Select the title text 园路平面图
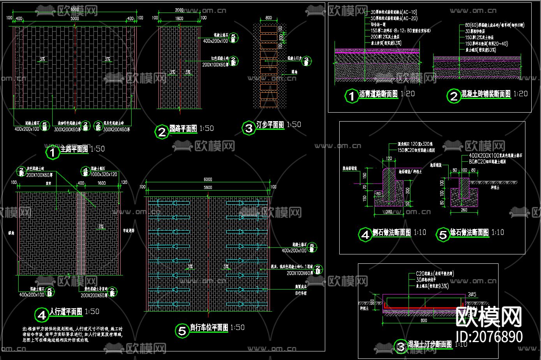click(183, 129)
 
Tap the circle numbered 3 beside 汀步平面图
click(248, 128)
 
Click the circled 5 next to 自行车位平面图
click(182, 331)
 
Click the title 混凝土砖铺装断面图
click(486, 94)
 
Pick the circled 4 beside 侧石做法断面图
click(365, 235)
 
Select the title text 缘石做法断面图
click(469, 233)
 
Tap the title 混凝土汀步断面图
click(430, 344)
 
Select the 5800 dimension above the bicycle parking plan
click(208, 187)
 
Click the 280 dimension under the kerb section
click(389, 212)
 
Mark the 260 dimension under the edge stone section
click(463, 210)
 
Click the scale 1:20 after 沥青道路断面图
click(407, 94)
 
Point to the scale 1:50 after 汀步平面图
click(294, 125)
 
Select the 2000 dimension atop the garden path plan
click(179, 10)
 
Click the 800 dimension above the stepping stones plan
click(268, 18)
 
